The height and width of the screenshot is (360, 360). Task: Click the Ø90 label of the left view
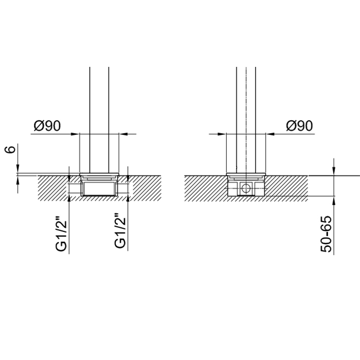click(47, 126)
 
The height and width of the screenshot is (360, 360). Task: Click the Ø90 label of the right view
click(299, 126)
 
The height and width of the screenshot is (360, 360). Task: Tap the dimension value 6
click(10, 150)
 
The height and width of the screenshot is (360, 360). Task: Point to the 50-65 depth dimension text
click(326, 234)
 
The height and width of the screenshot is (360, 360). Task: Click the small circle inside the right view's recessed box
click(246, 189)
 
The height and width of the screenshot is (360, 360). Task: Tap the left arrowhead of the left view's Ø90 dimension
click(75, 134)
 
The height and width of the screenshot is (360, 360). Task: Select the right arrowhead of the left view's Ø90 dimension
click(123, 134)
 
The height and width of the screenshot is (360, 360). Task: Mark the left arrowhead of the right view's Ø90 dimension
click(222, 134)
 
